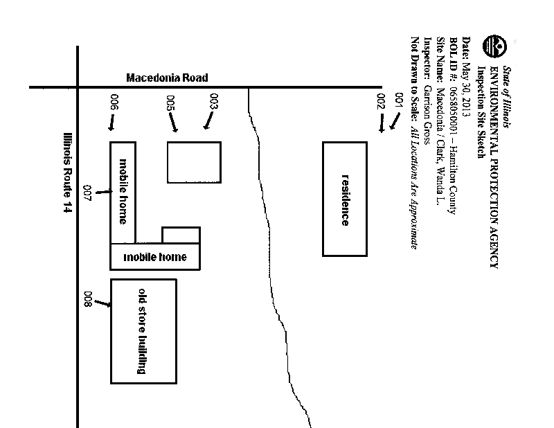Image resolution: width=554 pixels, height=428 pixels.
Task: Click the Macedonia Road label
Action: pyautogui.click(x=167, y=78)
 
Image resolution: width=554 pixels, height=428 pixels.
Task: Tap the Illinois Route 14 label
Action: pyautogui.click(x=67, y=172)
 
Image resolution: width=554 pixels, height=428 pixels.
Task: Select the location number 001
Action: pyautogui.click(x=397, y=100)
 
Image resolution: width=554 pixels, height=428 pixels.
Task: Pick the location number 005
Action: pyautogui.click(x=170, y=103)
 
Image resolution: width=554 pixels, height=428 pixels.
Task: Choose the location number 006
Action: pyautogui.click(x=114, y=102)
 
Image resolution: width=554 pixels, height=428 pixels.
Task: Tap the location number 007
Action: pyautogui.click(x=87, y=193)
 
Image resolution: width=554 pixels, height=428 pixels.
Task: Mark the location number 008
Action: pyautogui.click(x=87, y=299)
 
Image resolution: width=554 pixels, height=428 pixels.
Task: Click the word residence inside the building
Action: pyautogui.click(x=345, y=199)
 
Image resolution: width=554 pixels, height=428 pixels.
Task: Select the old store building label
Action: pyautogui.click(x=143, y=331)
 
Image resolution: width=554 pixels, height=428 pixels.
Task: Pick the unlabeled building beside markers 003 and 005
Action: pyautogui.click(x=194, y=163)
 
